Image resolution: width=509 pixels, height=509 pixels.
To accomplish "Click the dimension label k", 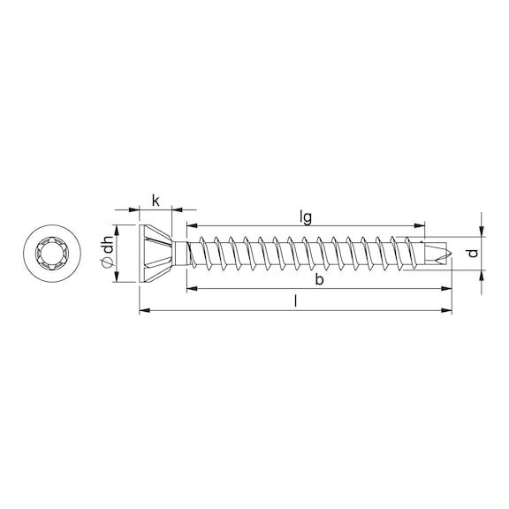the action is tap(156, 201).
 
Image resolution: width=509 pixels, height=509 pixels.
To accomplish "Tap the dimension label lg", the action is tap(306, 217).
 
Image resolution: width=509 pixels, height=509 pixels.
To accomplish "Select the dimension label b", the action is tap(319, 279).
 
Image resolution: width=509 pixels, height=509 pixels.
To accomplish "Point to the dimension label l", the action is tap(295, 301).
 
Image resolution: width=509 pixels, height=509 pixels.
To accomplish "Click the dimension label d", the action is tap(474, 253).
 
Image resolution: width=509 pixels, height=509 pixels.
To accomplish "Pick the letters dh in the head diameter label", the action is tap(108, 245).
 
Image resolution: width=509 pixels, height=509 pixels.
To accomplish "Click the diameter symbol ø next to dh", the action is tap(109, 262).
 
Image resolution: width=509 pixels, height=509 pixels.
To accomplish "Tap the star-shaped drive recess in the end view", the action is tap(52, 253).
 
